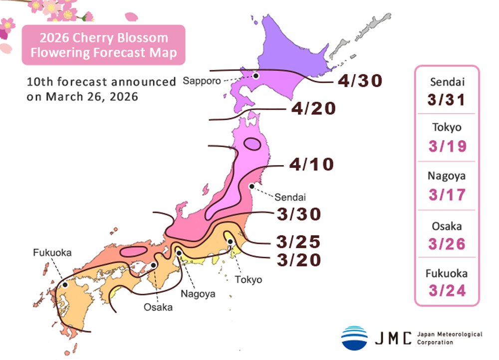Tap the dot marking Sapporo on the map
(x=255, y=76)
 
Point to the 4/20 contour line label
(x=315, y=108)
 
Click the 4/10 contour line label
(x=311, y=164)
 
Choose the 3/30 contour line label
(x=298, y=214)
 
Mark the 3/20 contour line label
(x=298, y=260)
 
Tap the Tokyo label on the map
(x=248, y=279)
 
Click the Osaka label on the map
(x=158, y=307)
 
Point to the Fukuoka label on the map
(x=52, y=253)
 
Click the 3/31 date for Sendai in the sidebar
(x=447, y=100)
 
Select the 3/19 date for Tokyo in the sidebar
(x=447, y=147)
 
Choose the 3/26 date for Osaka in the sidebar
(x=447, y=243)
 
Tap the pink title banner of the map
(x=103, y=45)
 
